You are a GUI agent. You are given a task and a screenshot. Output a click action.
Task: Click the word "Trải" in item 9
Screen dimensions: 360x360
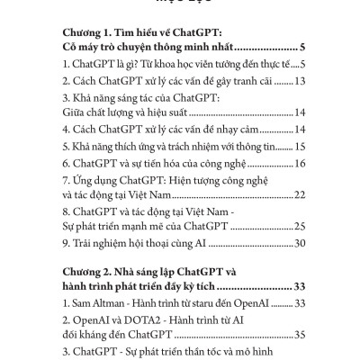click(x=76, y=243)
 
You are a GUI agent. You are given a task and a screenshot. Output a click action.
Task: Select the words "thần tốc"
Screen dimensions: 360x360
click(x=225, y=351)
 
